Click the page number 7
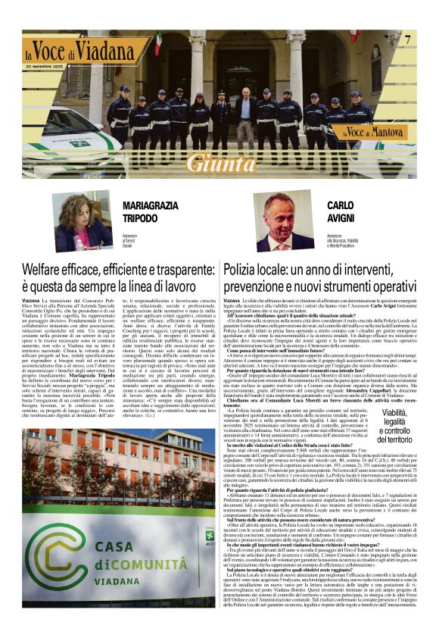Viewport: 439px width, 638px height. pyautogui.click(x=407, y=39)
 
